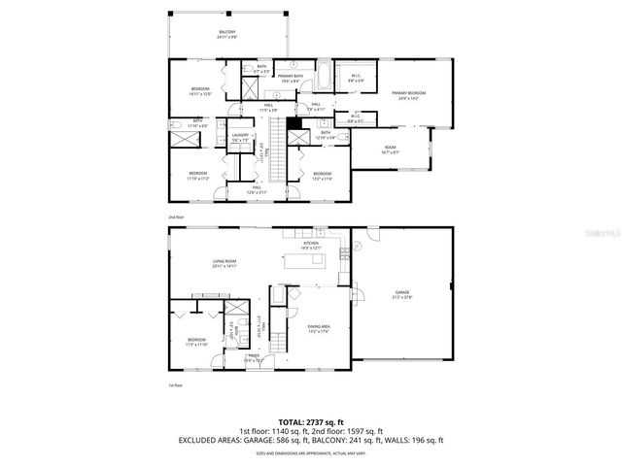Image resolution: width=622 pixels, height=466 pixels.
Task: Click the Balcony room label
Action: [x=226, y=35]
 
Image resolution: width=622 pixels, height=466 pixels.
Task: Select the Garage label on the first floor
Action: [x=402, y=293]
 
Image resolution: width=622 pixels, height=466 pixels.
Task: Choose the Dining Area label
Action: [x=319, y=329]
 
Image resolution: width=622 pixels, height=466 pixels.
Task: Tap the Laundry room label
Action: [x=241, y=138]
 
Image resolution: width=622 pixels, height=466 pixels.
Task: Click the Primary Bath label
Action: [x=290, y=78]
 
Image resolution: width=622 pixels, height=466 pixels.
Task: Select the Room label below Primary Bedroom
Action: [x=390, y=149]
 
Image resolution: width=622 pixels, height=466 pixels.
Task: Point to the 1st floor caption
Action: [x=175, y=385]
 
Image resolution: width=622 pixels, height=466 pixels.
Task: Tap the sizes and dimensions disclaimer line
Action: [x=311, y=452]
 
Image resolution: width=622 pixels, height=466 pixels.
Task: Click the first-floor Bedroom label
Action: [x=196, y=341]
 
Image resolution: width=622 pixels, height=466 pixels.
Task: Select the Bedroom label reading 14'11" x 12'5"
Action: [x=200, y=92]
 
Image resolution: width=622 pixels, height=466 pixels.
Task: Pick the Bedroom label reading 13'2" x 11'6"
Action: [x=323, y=176]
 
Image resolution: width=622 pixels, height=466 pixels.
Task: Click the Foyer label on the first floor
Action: [x=253, y=358]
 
